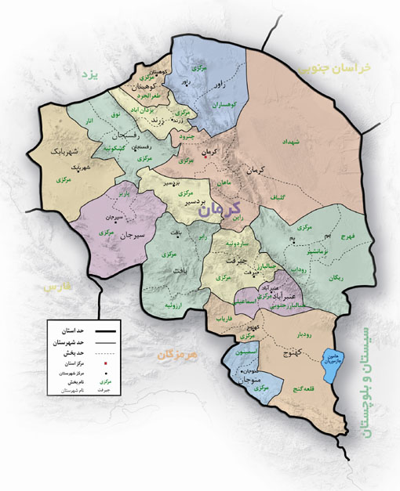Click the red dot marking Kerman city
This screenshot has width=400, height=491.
coord(204,157)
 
